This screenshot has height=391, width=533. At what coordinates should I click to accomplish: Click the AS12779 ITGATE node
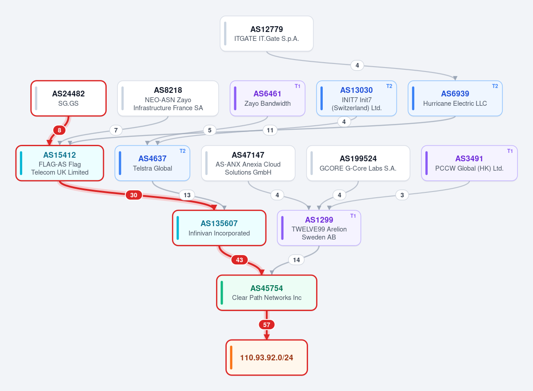point(267,34)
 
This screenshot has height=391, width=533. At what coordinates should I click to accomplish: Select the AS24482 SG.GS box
point(68,98)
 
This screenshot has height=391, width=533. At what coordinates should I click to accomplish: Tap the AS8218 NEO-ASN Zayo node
point(168,99)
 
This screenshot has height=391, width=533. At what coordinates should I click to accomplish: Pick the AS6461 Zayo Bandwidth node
point(268,99)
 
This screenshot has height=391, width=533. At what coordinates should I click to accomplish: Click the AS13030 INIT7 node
point(357,99)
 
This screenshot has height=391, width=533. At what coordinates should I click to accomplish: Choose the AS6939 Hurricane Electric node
point(455,99)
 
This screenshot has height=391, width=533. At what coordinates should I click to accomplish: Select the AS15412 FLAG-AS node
point(60,163)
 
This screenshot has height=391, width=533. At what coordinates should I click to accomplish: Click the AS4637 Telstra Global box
point(152,163)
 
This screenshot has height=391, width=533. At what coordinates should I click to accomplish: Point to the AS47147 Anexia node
point(248,163)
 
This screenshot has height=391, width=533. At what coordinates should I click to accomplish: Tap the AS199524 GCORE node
point(358,163)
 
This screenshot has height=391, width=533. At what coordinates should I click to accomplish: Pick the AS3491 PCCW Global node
point(469,163)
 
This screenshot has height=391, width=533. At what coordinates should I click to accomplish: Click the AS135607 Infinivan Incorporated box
point(219,228)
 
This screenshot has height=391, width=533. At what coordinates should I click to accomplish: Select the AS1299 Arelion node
point(319,228)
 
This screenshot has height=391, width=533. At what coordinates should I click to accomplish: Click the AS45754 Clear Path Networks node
point(267,293)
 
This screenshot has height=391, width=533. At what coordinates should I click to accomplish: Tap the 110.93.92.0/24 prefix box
point(267,358)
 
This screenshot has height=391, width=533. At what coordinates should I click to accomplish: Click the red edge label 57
point(267,325)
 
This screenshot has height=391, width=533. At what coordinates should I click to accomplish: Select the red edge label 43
point(240,260)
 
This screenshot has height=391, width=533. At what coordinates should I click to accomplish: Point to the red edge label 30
point(134,195)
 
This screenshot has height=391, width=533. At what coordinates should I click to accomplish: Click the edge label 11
point(270,130)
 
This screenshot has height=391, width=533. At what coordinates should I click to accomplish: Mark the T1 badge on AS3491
point(510,151)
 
